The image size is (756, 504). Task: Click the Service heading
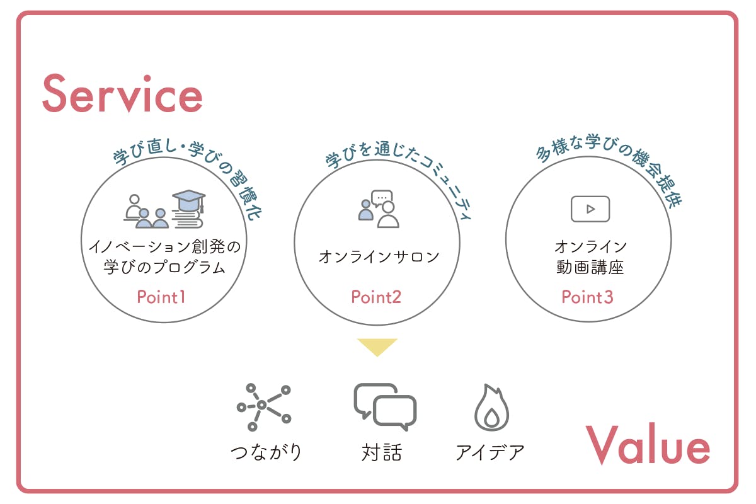click(122, 94)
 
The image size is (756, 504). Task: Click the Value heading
click(648, 444)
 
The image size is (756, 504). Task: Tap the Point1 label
click(161, 297)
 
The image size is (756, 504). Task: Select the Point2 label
click(376, 297)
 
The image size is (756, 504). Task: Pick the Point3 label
click(587, 297)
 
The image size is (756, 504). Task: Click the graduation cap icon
click(188, 201)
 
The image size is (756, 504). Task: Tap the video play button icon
click(590, 209)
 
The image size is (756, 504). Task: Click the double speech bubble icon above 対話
click(385, 407)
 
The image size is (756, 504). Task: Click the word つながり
click(266, 452)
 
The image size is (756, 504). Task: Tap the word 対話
click(382, 452)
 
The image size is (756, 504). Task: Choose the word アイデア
click(490, 452)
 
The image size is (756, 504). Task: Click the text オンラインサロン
click(379, 257)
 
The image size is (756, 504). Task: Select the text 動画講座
click(590, 267)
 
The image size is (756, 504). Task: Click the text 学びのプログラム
click(164, 267)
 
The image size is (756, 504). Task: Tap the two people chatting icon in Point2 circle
click(379, 209)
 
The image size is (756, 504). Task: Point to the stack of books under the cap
click(188, 219)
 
